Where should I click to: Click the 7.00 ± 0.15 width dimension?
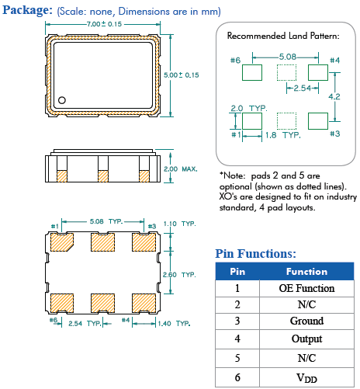tap(105, 25)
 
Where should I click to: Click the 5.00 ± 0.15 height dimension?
tap(182, 75)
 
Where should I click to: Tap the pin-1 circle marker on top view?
tap(62, 99)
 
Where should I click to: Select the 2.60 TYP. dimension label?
tap(182, 273)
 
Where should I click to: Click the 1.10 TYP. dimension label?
tap(182, 224)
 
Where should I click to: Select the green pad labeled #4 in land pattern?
tap(319, 73)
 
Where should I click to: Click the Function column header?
tap(306, 272)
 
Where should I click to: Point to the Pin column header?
tap(237, 272)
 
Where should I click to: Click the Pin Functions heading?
tap(254, 253)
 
